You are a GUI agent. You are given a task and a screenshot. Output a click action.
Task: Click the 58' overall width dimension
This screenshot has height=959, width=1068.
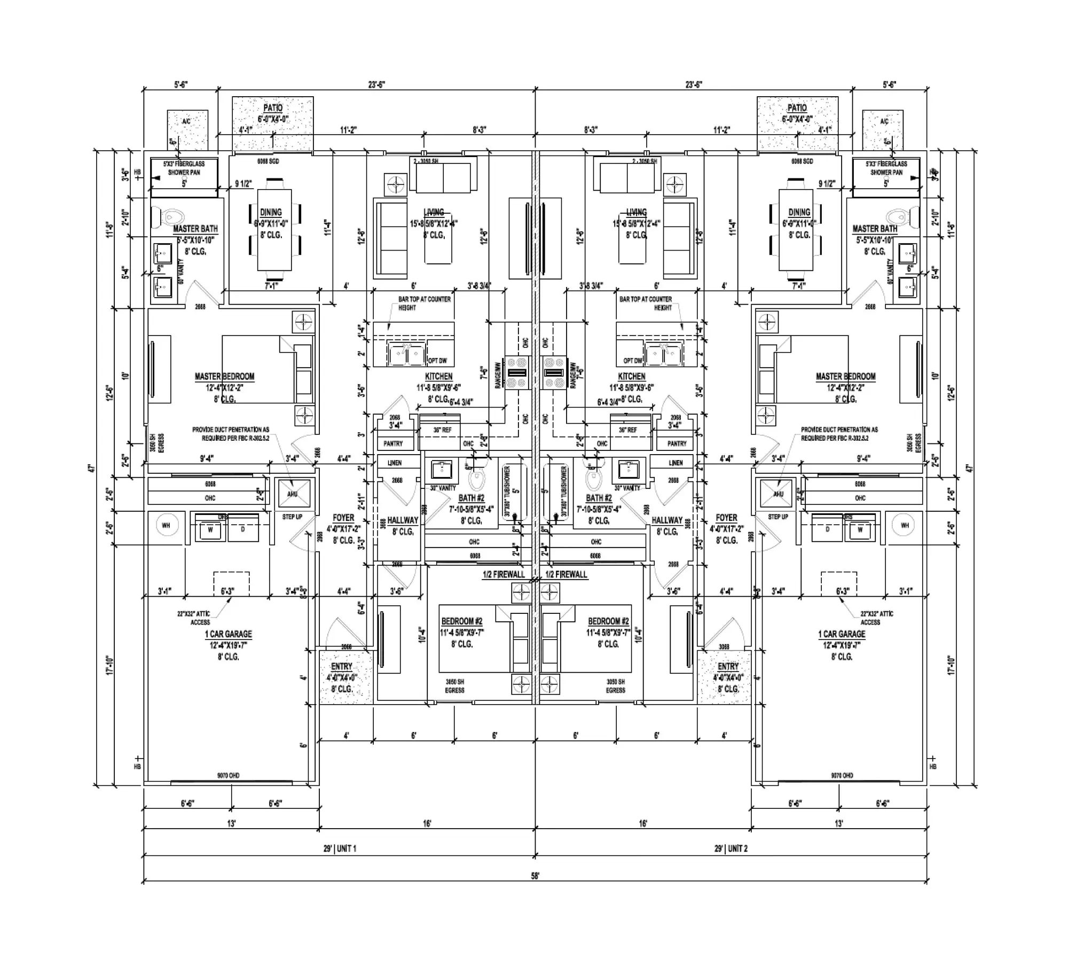pyautogui.click(x=535, y=876)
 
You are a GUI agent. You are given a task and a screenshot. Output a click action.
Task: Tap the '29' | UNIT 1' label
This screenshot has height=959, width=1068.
pyautogui.click(x=340, y=848)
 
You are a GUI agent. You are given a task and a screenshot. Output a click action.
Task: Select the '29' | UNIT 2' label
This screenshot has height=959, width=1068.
pyautogui.click(x=731, y=848)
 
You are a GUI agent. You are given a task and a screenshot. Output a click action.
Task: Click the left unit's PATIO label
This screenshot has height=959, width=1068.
pyautogui.click(x=273, y=108)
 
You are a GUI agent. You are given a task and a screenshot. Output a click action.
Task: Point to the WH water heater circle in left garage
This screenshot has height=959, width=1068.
pyautogui.click(x=166, y=526)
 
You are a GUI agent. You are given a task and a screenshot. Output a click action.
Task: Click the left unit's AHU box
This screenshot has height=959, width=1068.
pyautogui.click(x=293, y=494)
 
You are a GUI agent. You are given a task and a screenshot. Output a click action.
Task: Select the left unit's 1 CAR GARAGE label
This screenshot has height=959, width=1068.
pyautogui.click(x=228, y=634)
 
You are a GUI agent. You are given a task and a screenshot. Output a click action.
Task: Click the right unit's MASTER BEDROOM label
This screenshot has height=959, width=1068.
pyautogui.click(x=845, y=377)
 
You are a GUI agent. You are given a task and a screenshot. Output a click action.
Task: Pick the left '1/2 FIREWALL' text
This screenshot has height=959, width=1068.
pyautogui.click(x=504, y=574)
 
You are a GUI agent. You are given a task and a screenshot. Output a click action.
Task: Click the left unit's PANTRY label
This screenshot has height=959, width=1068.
pyautogui.click(x=393, y=443)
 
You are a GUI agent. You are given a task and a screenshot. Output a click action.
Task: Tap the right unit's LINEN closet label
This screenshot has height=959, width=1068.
pyautogui.click(x=676, y=463)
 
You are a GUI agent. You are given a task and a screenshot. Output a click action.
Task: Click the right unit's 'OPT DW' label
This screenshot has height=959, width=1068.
pyautogui.click(x=633, y=361)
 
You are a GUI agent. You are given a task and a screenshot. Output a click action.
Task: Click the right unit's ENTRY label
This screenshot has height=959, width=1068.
pyautogui.click(x=728, y=666)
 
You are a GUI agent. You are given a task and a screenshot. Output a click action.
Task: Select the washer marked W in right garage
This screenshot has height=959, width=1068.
pyautogui.click(x=860, y=530)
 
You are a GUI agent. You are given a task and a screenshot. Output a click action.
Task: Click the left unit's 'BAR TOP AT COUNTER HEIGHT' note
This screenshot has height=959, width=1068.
pyautogui.click(x=424, y=303)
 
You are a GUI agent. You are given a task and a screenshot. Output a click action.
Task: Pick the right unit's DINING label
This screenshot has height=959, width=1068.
pyautogui.click(x=799, y=212)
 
